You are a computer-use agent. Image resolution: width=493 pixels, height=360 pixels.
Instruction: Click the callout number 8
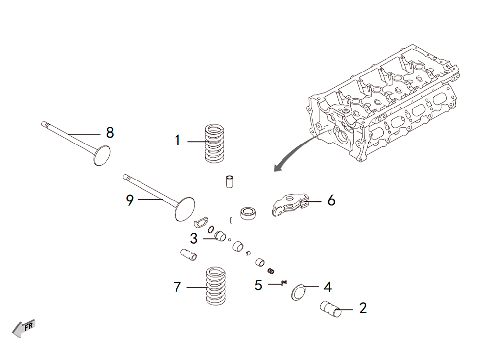click(x=110, y=133)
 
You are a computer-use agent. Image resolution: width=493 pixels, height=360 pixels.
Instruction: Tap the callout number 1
click(x=177, y=140)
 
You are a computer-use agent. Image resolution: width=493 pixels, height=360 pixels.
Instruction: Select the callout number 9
click(x=130, y=200)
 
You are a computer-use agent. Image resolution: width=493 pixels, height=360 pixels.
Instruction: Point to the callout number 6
click(x=331, y=200)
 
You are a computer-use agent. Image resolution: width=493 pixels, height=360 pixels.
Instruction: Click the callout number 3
click(x=194, y=238)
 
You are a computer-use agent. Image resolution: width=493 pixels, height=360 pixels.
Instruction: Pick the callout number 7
click(x=177, y=287)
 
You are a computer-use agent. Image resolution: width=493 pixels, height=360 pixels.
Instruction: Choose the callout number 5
click(x=258, y=285)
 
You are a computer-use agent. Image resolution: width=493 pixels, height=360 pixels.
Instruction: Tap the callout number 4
click(x=328, y=287)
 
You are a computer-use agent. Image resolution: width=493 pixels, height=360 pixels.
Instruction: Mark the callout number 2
click(x=363, y=308)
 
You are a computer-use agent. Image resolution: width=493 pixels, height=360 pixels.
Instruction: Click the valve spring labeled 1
click(x=214, y=144)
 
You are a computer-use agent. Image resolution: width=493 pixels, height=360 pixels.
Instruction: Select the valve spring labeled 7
click(x=215, y=286)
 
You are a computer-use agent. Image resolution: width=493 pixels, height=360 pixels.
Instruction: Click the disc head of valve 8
click(x=102, y=156)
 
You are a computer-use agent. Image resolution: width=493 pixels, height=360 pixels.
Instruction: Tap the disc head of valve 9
click(x=184, y=209)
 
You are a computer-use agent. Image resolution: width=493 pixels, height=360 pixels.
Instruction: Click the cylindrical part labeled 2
click(x=330, y=309)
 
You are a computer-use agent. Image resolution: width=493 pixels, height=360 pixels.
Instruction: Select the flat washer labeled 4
click(x=298, y=292)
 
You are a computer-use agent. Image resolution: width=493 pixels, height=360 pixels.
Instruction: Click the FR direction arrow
click(x=24, y=328)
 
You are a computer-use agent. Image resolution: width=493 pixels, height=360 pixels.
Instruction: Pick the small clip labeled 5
click(x=284, y=282)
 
